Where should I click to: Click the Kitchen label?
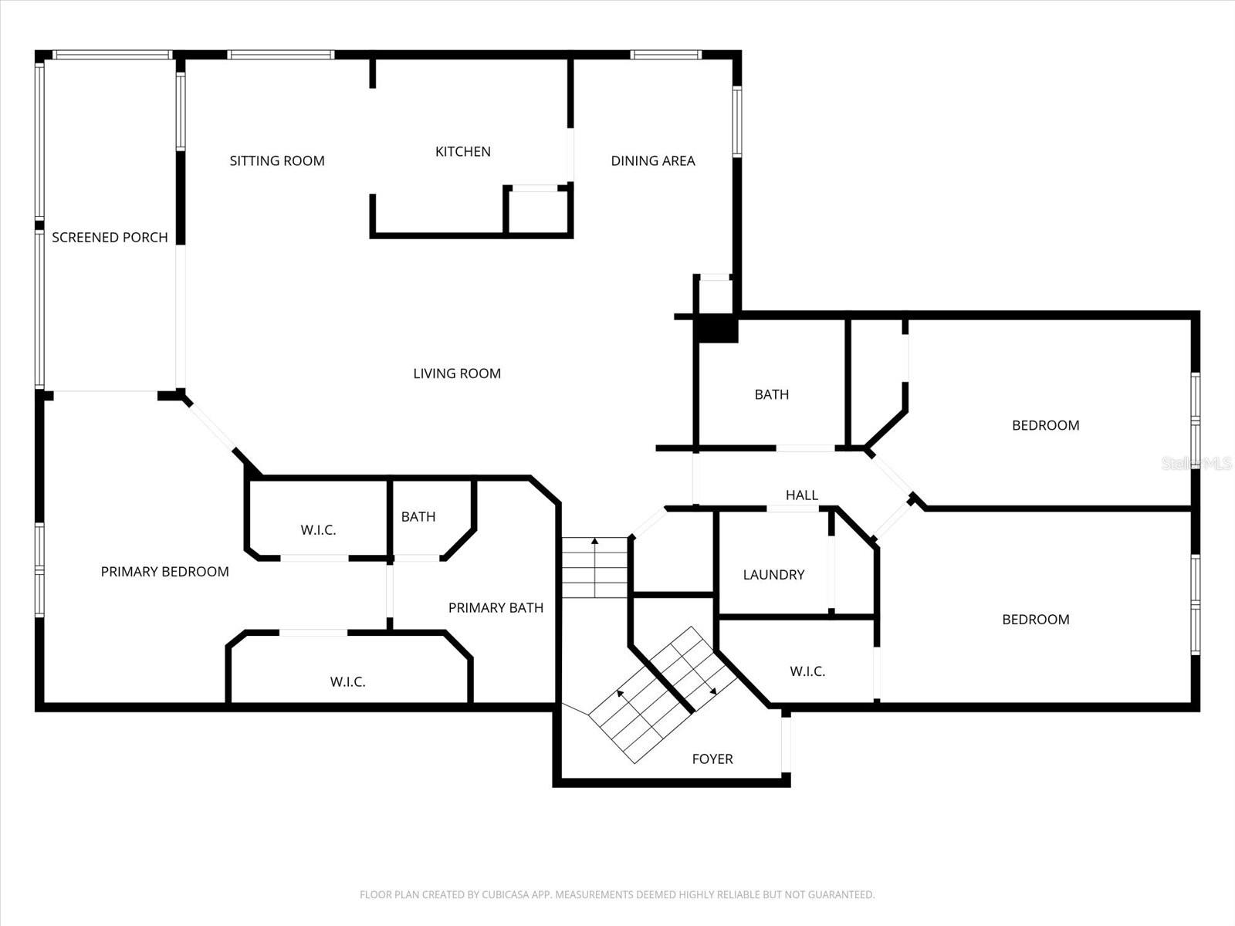[x=462, y=152]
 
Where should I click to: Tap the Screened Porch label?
[x=110, y=238]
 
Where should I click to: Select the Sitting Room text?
[x=277, y=161]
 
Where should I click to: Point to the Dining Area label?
[x=653, y=161]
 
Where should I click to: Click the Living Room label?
[x=457, y=373]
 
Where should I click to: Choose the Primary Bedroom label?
[x=164, y=572]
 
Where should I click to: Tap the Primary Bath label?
[x=496, y=608]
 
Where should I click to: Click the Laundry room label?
[x=773, y=575]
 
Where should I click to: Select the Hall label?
[x=801, y=495]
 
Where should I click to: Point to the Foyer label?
[x=712, y=759]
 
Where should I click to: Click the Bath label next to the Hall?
[x=771, y=395]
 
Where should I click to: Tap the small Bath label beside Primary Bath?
[x=418, y=517]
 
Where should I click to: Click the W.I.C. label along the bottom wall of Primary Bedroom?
[x=347, y=682]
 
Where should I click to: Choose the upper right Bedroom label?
[x=1045, y=426]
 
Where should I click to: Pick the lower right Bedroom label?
[x=1035, y=620]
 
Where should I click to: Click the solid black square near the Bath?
[x=716, y=329]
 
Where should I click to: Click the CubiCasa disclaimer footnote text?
[x=617, y=895]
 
